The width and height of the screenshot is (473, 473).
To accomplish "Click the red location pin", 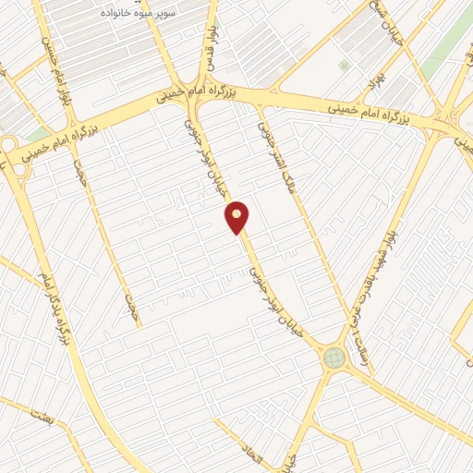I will pyautogui.click(x=237, y=215).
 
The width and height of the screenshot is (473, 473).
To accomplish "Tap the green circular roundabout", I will pyautogui.click(x=334, y=358).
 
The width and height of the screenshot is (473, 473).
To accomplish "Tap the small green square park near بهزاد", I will pyautogui.click(x=345, y=66).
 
